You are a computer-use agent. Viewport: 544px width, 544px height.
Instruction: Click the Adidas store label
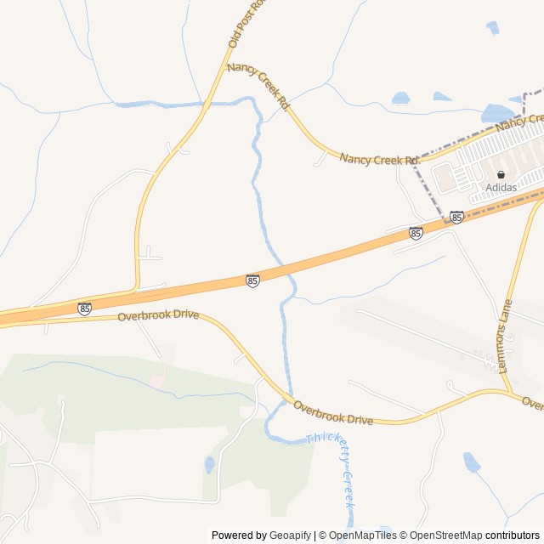(x=501, y=187)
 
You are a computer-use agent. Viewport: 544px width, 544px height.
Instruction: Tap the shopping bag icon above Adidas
(x=501, y=174)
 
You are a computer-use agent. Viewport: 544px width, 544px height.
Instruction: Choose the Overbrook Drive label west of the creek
(x=158, y=315)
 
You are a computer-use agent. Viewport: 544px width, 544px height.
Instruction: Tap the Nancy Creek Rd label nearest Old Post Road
(x=258, y=85)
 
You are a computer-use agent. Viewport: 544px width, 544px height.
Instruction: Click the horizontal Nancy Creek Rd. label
(x=380, y=159)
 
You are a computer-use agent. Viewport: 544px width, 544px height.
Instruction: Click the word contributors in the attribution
(x=513, y=535)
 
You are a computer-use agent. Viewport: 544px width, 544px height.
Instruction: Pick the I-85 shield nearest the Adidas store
(x=457, y=218)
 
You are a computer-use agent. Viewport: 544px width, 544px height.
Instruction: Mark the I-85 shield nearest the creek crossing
(x=252, y=280)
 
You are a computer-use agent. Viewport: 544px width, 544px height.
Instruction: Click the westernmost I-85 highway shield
(x=84, y=309)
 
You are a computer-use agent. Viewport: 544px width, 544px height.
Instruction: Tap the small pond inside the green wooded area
(x=209, y=464)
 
